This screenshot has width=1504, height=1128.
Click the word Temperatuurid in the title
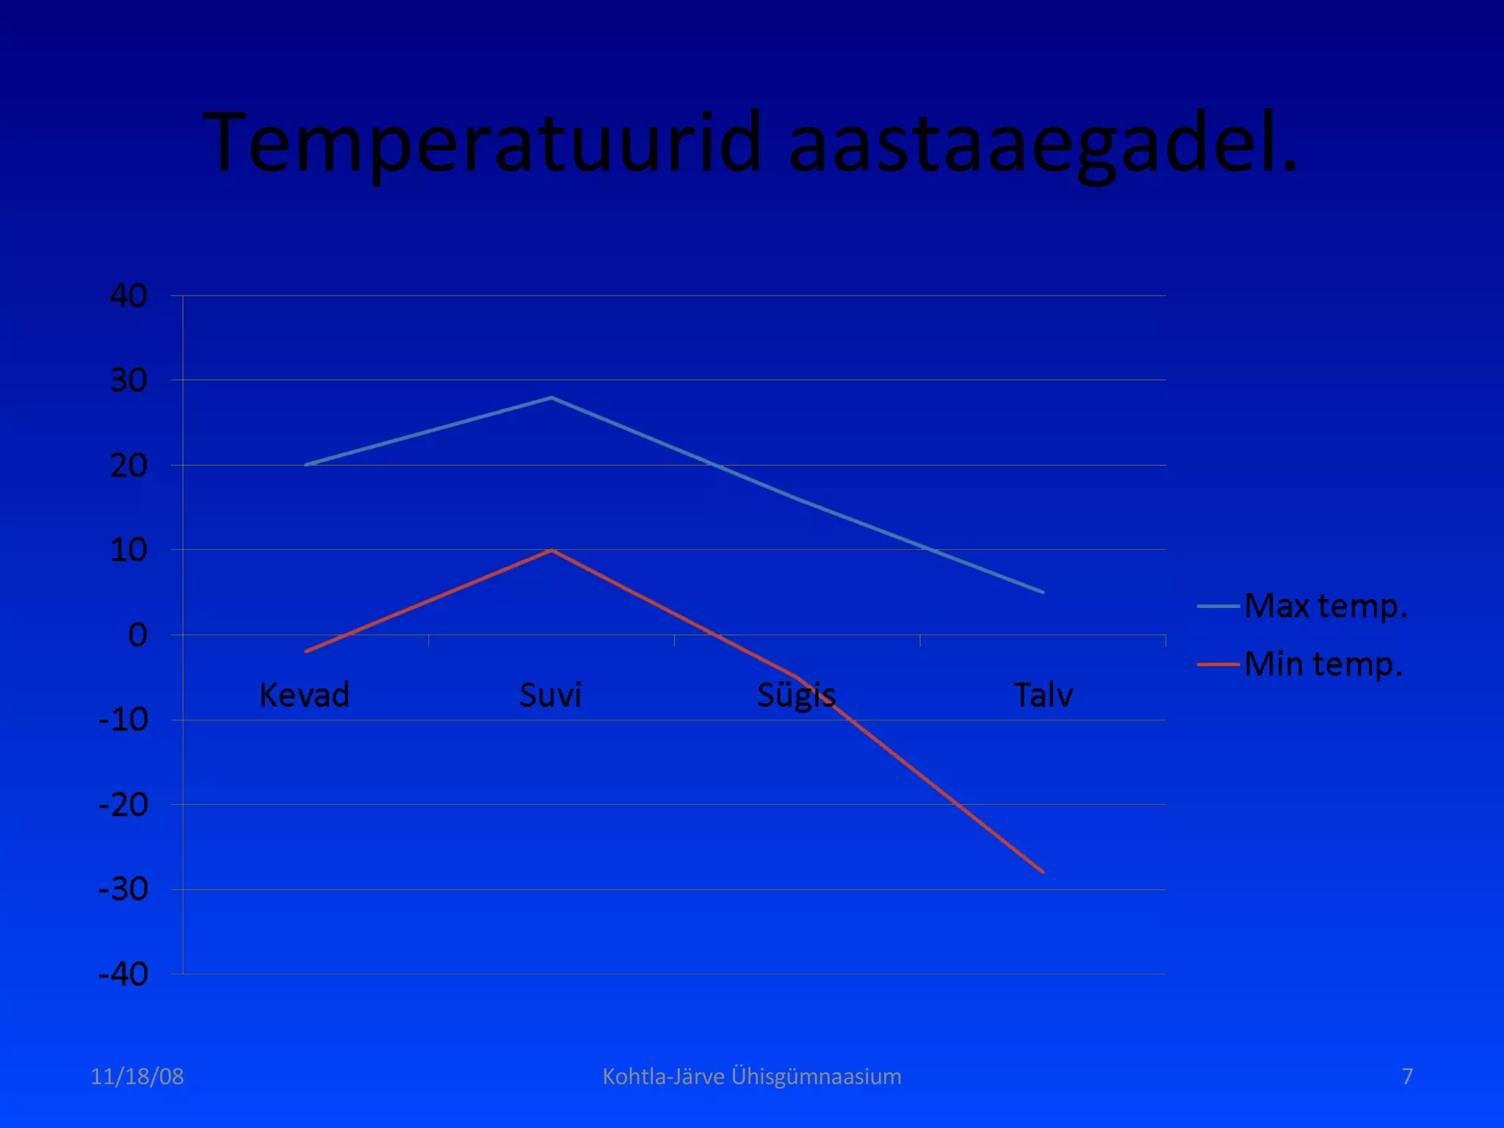481,143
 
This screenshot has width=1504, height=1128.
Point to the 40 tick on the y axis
129,296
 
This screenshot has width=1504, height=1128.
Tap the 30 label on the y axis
129,380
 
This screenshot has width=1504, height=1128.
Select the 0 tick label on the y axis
137,635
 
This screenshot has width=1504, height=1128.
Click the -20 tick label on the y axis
123,805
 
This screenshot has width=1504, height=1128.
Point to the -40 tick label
123,975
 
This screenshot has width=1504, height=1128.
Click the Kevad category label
304,695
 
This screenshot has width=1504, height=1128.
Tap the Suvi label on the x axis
551,695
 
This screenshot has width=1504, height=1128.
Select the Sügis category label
796,695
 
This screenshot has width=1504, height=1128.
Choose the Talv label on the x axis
1043,695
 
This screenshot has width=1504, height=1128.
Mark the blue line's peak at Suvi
552,398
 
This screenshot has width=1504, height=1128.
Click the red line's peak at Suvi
552,550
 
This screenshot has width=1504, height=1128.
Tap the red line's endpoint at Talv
1042,872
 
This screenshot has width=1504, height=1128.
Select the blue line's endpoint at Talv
1042,592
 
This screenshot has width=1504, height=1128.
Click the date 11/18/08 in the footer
137,1077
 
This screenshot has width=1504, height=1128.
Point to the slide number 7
1407,1077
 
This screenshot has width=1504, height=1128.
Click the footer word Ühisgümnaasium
816,1077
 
